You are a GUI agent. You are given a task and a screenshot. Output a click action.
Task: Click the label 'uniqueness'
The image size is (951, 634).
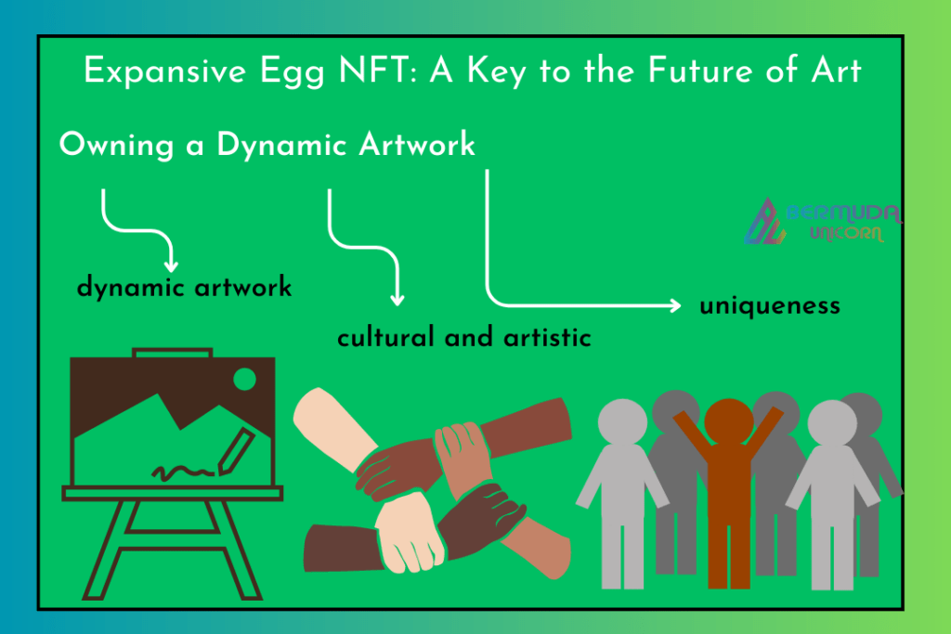click(x=770, y=305)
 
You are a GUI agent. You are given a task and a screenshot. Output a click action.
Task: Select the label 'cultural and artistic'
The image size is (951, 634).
click(x=464, y=337)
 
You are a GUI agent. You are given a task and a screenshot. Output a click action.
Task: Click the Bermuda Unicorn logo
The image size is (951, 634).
click(x=823, y=220)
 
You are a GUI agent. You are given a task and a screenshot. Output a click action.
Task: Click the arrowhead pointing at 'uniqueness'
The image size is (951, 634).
click(x=675, y=304)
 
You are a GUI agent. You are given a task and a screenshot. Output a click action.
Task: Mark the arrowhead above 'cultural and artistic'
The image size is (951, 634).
click(x=397, y=300)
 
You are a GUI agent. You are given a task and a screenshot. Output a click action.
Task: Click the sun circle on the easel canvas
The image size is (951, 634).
click(x=244, y=380)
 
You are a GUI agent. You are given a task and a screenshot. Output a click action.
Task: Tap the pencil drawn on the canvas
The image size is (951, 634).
click(x=236, y=451)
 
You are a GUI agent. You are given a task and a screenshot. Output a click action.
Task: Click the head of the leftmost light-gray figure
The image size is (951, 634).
click(x=622, y=421)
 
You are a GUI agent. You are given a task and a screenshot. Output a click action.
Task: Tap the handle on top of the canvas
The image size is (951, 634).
click(x=172, y=353)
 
